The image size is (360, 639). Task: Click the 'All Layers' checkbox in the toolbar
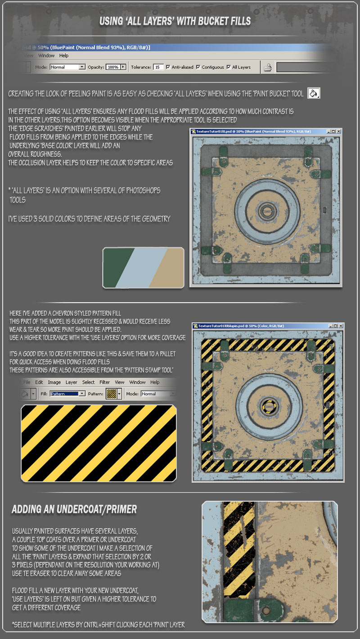pyautogui.click(x=229, y=67)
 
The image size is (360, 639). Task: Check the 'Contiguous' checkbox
pyautogui.click(x=198, y=67)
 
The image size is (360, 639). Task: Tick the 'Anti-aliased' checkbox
pyautogui.click(x=168, y=67)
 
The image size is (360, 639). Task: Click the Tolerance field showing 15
pyautogui.click(x=158, y=67)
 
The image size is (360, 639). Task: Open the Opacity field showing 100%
pyautogui.click(x=116, y=67)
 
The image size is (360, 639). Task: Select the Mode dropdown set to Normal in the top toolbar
pyautogui.click(x=67, y=67)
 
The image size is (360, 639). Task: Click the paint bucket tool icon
pyautogui.click(x=314, y=93)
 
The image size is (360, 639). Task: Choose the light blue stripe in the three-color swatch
pyautogui.click(x=141, y=267)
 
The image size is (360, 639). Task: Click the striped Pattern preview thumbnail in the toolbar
pyautogui.click(x=112, y=394)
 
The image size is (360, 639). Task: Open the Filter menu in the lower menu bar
pyautogui.click(x=104, y=382)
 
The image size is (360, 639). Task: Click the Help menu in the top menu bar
pyautogui.click(x=64, y=56)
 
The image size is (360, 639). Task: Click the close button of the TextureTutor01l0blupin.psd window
pyautogui.click(x=341, y=326)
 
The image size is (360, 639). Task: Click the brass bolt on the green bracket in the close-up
pyautogui.click(x=266, y=611)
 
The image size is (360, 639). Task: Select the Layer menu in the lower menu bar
pyautogui.click(x=71, y=382)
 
